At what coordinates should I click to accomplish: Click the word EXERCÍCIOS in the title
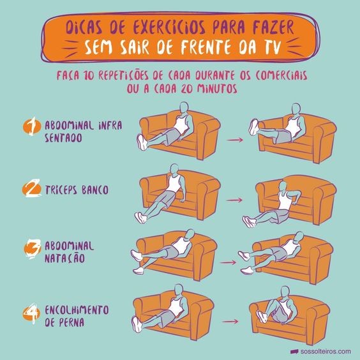click(169, 28)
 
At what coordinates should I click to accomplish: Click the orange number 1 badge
click(32, 126)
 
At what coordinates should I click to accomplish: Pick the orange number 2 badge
click(32, 189)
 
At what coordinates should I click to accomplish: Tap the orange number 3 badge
click(32, 249)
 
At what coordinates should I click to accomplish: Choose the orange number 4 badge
click(32, 313)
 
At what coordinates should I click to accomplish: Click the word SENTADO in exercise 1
click(63, 139)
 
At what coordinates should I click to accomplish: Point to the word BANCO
click(95, 190)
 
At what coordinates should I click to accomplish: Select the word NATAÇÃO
click(64, 258)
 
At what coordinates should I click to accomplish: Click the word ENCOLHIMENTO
click(77, 310)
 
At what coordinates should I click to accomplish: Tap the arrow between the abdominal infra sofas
click(235, 140)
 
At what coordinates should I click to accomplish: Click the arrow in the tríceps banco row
click(234, 200)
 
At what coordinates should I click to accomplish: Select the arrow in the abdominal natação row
click(228, 262)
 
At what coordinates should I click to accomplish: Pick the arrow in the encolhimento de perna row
click(230, 321)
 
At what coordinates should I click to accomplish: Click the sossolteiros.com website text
click(326, 352)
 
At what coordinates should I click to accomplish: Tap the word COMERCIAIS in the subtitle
click(281, 75)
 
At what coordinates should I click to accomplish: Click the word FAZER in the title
click(273, 28)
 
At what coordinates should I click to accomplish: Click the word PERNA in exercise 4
click(71, 322)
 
